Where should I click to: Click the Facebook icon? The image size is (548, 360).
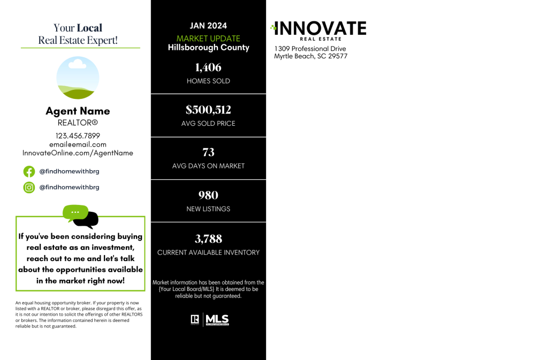29,172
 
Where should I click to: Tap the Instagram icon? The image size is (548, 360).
29,188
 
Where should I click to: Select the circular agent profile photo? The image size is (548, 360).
78,78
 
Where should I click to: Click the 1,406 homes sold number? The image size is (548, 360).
208,67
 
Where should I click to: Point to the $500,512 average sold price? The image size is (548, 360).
208,110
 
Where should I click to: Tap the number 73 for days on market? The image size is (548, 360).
208,152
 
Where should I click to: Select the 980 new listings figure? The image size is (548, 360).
208,195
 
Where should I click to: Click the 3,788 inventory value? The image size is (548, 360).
208,239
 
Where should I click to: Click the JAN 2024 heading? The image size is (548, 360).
208,26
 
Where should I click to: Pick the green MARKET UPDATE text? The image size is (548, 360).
208,39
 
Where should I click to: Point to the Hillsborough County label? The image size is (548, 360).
209,48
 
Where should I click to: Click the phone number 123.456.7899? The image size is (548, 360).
78,136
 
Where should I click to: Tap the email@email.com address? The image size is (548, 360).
78,144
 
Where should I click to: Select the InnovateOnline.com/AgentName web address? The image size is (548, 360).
78,154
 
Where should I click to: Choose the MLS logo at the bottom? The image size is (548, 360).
217,320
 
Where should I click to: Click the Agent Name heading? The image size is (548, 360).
78,111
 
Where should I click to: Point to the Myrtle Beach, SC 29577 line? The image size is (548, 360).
311,56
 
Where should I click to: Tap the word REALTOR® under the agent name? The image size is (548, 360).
78,123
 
